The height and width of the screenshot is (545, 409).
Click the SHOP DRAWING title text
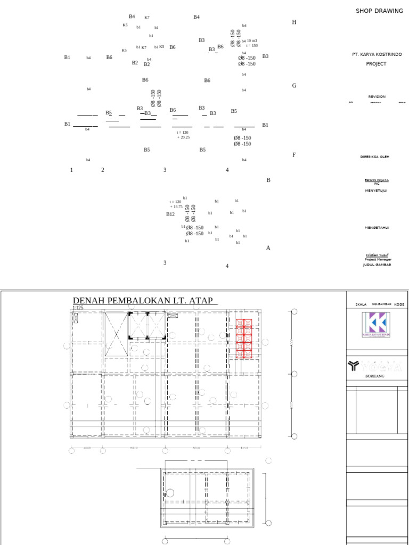(379, 11)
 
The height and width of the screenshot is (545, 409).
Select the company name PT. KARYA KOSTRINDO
(377, 54)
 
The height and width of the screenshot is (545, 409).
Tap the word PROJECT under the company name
(376, 64)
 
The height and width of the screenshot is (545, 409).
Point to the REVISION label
(377, 97)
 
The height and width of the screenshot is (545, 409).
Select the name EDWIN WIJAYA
(377, 180)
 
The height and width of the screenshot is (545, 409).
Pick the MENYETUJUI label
(376, 191)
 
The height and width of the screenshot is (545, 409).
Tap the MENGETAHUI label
(377, 228)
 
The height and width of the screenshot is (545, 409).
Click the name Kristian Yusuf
(377, 255)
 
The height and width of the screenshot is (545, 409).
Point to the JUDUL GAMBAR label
(377, 265)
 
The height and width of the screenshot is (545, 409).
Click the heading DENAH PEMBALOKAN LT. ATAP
(143, 301)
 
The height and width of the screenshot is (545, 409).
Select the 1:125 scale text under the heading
(78, 308)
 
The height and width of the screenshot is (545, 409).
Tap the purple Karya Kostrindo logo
(375, 324)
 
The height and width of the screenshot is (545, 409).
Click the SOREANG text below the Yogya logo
(374, 376)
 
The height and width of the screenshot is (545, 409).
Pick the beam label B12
(170, 214)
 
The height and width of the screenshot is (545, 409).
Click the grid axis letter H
(294, 22)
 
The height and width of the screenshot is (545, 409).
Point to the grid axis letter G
(294, 86)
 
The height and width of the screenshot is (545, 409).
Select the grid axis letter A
(268, 248)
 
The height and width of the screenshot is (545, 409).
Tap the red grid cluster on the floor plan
(244, 338)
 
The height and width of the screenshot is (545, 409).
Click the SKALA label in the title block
(361, 305)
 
